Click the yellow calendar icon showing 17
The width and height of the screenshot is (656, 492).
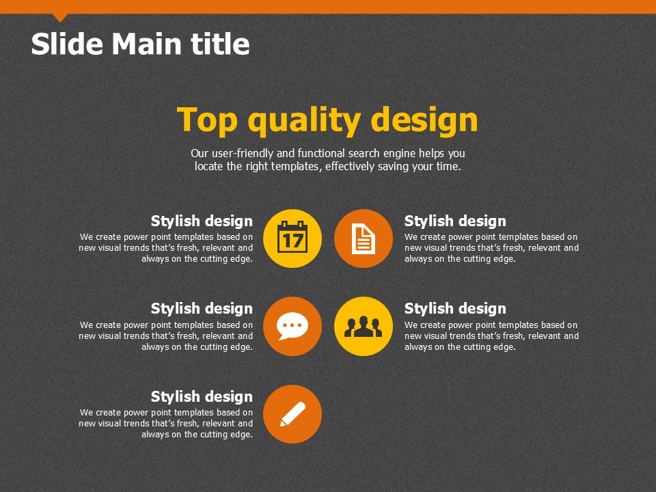point(292,238)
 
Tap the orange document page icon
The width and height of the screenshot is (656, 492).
point(364,238)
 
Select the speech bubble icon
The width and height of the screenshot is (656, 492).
point(292,327)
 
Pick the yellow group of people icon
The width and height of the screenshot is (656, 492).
point(364,327)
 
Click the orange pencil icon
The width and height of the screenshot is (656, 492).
point(292,414)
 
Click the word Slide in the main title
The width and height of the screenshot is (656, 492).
point(67,44)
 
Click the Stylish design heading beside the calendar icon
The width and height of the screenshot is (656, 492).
point(202,221)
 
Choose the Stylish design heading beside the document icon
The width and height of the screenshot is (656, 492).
point(455,221)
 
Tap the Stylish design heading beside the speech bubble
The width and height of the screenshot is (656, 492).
point(202,308)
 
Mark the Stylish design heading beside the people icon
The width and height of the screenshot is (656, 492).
point(455,308)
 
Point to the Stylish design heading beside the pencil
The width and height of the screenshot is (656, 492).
point(202,396)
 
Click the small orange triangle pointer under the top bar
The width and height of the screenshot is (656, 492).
point(60,17)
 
